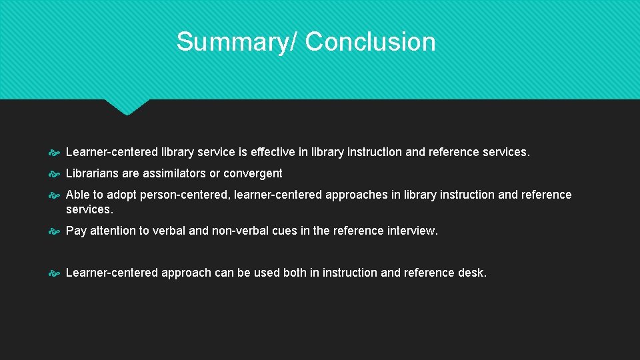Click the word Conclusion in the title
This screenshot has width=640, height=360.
tap(371, 41)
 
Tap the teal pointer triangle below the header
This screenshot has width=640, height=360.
tap(127, 107)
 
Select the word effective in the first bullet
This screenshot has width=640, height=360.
tap(273, 152)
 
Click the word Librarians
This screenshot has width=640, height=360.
tap(93, 173)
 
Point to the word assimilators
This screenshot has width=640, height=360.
tap(174, 173)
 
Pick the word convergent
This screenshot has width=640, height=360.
tap(253, 173)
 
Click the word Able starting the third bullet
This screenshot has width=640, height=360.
tap(78, 195)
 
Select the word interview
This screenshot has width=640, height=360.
tap(413, 231)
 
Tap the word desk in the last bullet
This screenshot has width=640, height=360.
tap(473, 273)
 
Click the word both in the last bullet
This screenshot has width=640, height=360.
tap(295, 273)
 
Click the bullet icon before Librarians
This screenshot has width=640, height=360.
tap(55, 174)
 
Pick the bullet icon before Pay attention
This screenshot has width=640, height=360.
tap(55, 231)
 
